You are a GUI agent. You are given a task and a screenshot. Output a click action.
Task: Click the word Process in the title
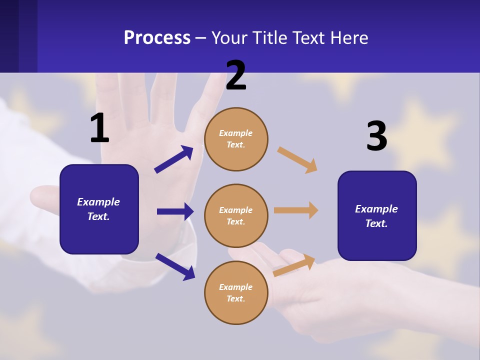click(x=157, y=38)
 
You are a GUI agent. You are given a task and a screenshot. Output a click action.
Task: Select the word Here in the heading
click(x=348, y=38)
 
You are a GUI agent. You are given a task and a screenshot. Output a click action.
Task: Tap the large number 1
click(x=99, y=128)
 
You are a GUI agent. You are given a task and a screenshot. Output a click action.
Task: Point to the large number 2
click(x=236, y=76)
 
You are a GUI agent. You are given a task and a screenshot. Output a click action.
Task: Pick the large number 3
click(x=376, y=136)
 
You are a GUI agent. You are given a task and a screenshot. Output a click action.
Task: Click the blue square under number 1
click(x=99, y=209)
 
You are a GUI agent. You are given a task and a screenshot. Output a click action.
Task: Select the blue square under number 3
click(x=377, y=215)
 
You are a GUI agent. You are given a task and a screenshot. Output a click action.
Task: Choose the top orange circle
click(x=236, y=139)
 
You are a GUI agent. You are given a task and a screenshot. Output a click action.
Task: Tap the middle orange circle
click(x=236, y=215)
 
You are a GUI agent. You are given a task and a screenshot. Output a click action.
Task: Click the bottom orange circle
click(x=236, y=292)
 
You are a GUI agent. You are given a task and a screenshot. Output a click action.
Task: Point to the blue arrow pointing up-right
click(x=174, y=159)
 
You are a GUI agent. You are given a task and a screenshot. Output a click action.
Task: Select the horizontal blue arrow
click(x=175, y=211)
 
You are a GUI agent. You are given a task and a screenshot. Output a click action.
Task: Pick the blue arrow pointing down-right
click(x=175, y=266)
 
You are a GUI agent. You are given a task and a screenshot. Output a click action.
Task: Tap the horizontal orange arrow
click(x=296, y=210)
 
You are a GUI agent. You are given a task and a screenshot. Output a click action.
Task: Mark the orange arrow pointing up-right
click(x=294, y=265)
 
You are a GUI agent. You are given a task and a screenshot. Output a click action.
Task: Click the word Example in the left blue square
click(x=98, y=202)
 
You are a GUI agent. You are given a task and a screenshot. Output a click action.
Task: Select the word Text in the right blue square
click(x=375, y=223)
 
